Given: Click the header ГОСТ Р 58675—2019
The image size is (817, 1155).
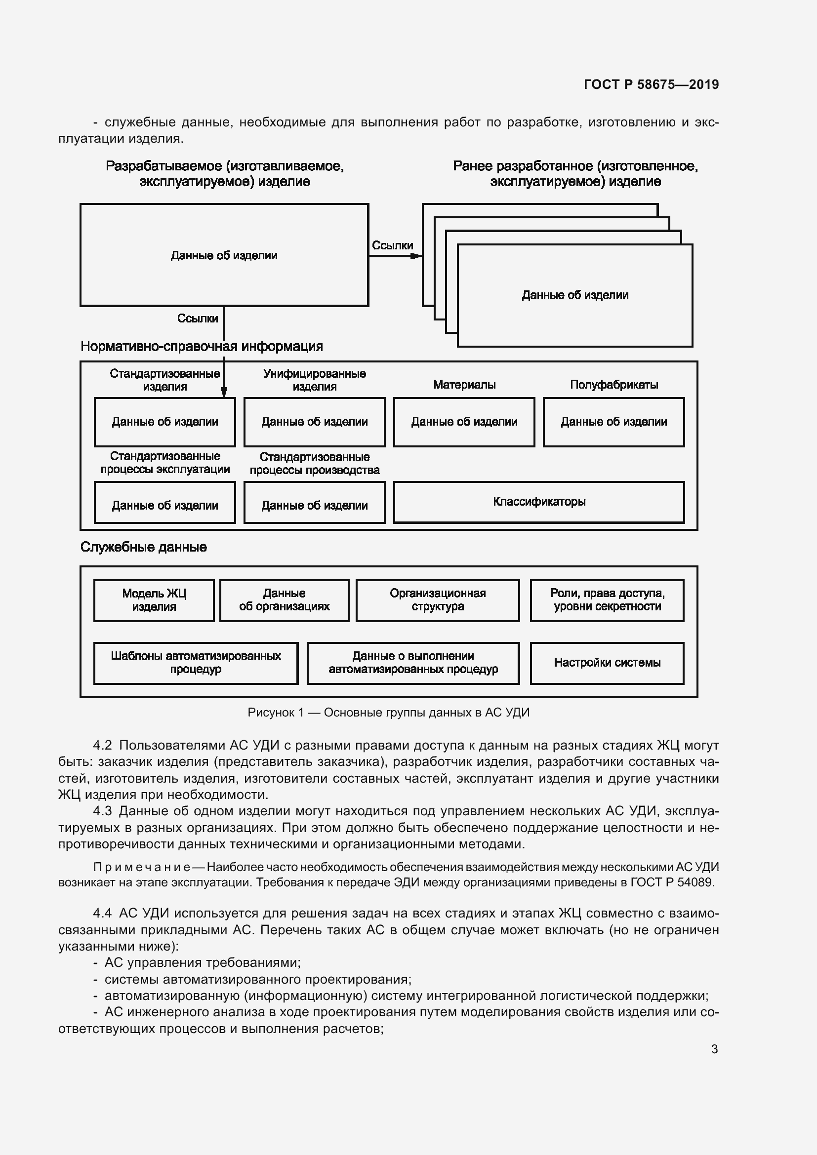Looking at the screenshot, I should (x=651, y=84).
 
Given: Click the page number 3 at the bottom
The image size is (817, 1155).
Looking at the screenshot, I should (x=714, y=1049).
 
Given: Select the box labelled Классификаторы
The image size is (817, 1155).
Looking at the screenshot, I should (x=539, y=502).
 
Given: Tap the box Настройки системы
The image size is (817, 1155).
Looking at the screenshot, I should (x=607, y=663).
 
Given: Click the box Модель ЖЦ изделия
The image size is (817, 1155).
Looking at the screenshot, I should (x=154, y=600).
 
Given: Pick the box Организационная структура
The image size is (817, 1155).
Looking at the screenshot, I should (x=437, y=600).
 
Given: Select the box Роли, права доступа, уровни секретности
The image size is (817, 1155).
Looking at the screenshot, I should (x=607, y=600).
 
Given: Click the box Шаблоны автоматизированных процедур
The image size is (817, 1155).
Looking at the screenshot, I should (x=196, y=663).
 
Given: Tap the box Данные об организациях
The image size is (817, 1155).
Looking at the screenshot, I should (x=284, y=600).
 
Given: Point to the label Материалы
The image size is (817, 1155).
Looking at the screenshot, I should (x=464, y=385).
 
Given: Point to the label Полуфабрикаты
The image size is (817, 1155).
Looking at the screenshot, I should (x=614, y=385).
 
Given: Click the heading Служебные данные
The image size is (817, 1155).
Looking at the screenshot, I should (x=143, y=547).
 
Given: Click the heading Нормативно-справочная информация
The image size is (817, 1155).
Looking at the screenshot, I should (x=202, y=347).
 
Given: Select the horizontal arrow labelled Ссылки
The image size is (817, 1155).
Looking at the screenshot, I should (x=395, y=256).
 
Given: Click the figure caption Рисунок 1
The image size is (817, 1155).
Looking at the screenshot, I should (x=388, y=713).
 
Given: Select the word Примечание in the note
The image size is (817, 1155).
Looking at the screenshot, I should (x=141, y=867).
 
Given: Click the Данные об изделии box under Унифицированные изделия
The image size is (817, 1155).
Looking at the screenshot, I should (x=315, y=422).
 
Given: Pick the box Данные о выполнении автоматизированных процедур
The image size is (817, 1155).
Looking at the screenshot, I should (x=413, y=663).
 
